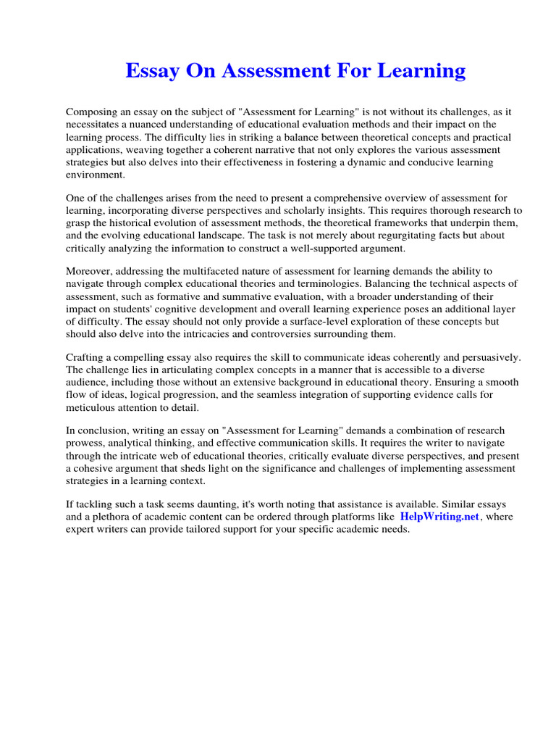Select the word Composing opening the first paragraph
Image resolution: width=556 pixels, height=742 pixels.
coord(92,112)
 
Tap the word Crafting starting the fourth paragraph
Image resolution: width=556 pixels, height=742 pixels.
coord(86,357)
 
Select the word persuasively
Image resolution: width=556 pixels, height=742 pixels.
coord(489,357)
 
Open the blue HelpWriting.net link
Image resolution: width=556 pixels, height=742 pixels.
coord(439,517)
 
